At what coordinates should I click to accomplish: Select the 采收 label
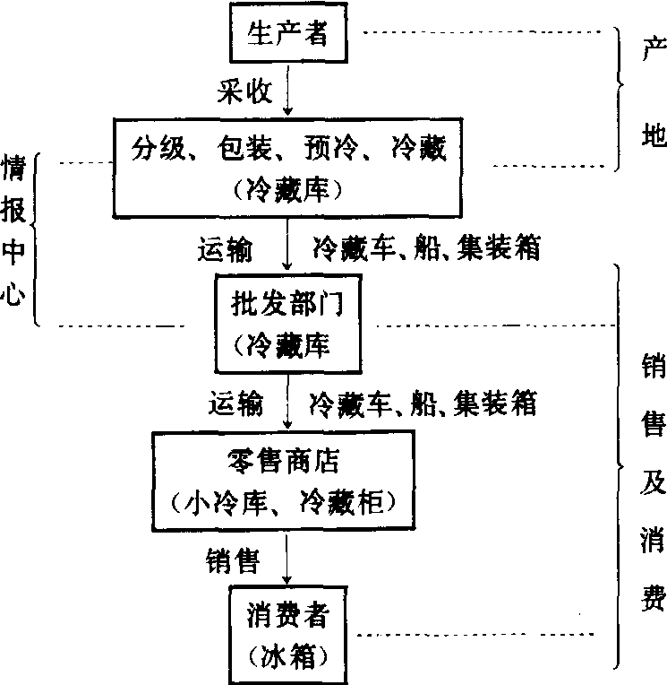click(x=239, y=91)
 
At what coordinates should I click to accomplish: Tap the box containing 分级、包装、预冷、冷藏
click(x=287, y=165)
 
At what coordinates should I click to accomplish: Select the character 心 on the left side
click(x=13, y=295)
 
